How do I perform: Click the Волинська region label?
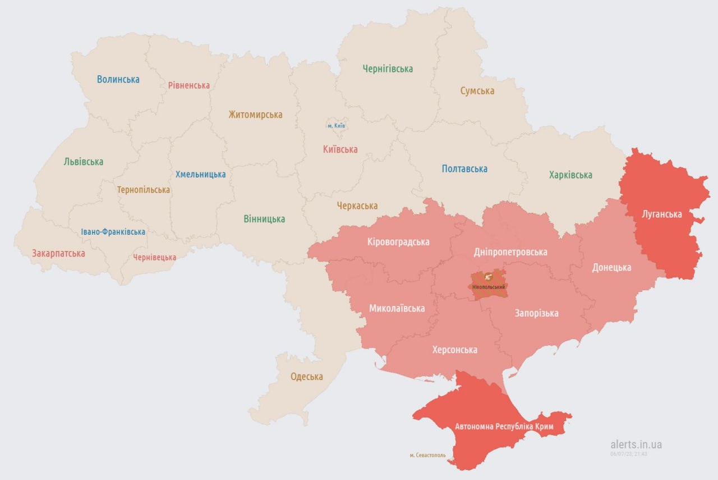coord(118,79)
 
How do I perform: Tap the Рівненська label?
coord(189,85)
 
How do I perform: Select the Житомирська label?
coord(255,115)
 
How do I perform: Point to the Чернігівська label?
coord(388,69)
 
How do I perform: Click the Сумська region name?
coord(477,91)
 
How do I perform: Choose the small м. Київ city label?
coord(337,126)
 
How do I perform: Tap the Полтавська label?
coord(464,168)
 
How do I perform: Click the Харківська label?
coord(570,175)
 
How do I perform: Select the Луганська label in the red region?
coord(662,214)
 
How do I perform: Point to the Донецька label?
coord(611,267)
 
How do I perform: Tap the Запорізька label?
coord(537,313)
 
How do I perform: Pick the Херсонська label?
coord(455,350)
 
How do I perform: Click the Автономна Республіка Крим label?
coord(504,427)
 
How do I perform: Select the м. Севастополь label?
coord(427,455)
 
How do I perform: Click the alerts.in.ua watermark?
coord(636,444)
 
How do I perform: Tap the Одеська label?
coord(307,377)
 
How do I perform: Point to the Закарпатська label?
coord(59,253)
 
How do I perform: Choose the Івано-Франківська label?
coord(113,232)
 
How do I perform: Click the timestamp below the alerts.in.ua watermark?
coord(629,454)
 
